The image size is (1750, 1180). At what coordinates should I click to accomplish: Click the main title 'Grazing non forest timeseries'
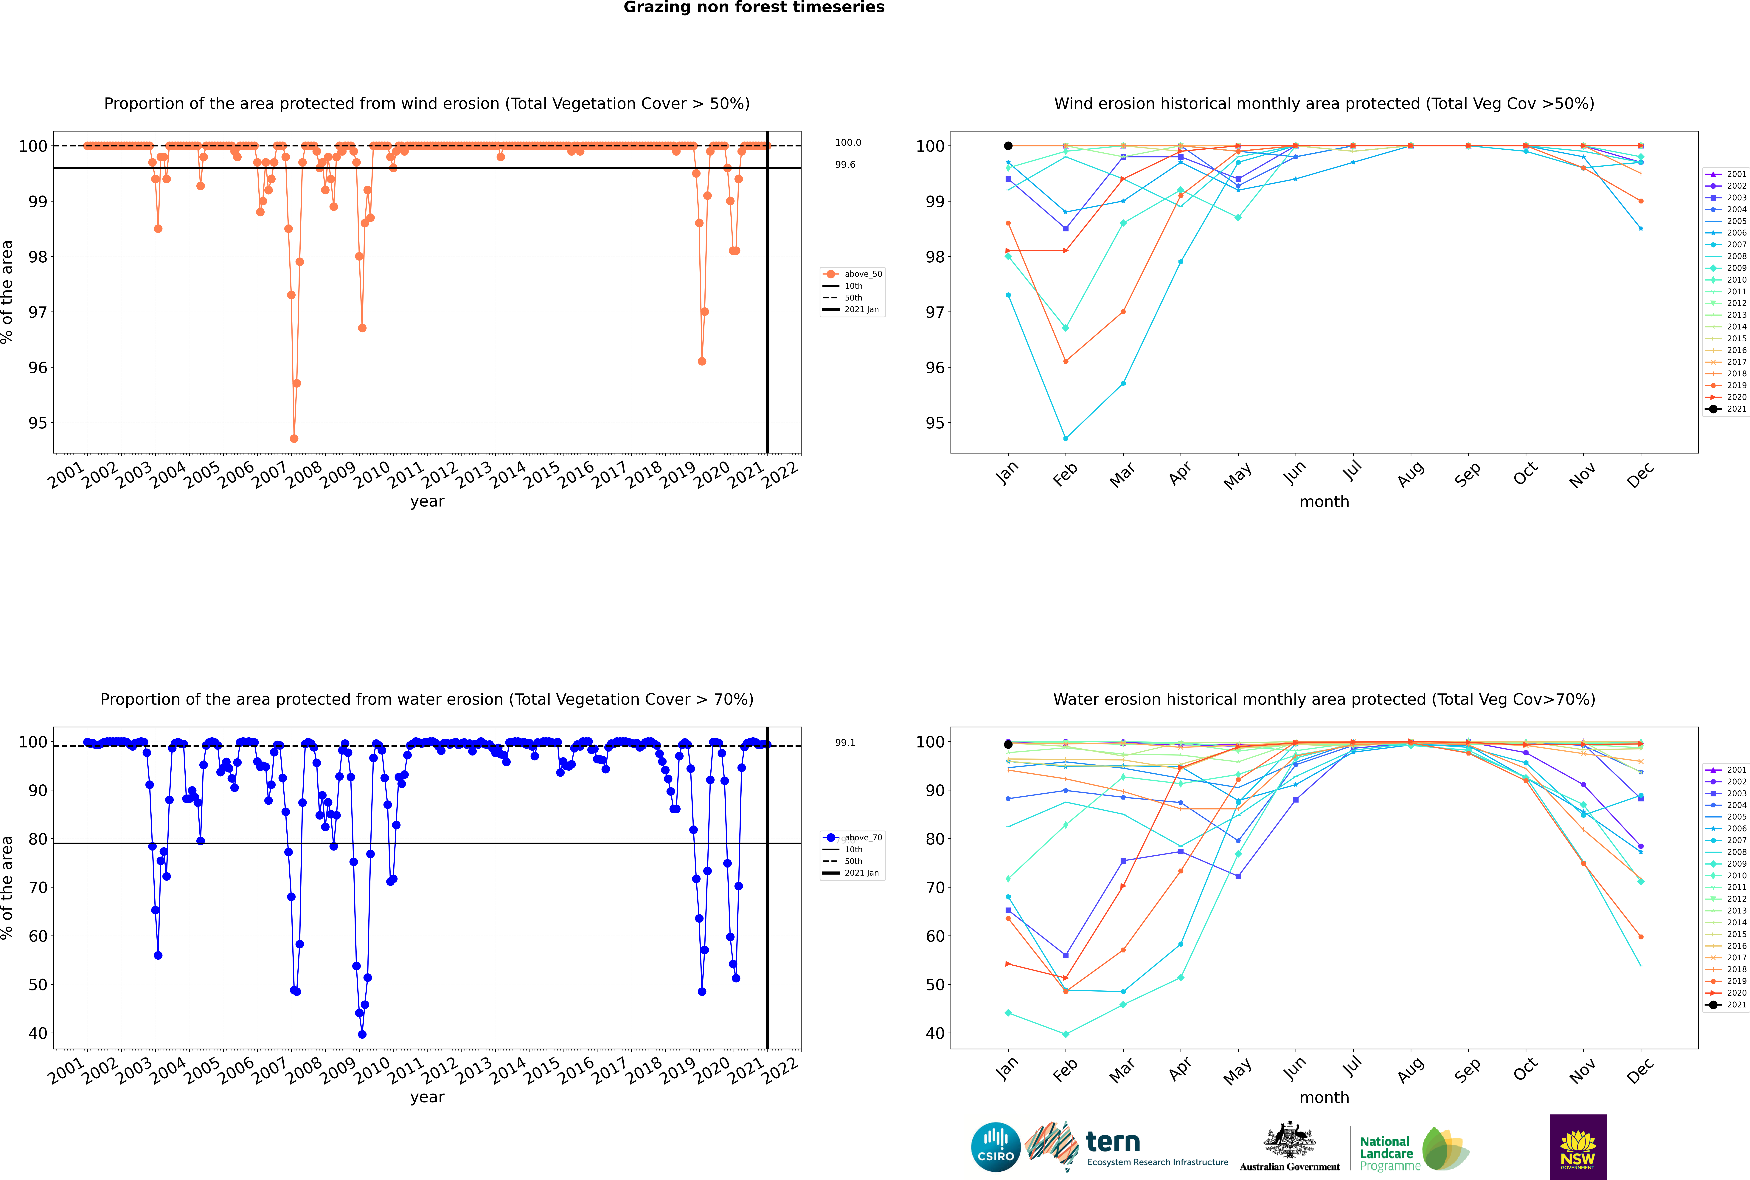[x=754, y=7]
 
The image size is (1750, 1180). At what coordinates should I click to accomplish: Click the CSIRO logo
[x=995, y=1147]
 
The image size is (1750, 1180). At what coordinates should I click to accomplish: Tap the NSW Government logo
[x=1578, y=1146]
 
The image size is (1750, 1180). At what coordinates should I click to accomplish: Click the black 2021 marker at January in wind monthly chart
[x=1008, y=146]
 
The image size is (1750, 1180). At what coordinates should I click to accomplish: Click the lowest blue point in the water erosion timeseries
[x=362, y=1034]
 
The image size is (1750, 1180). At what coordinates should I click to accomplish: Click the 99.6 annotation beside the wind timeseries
[x=845, y=165]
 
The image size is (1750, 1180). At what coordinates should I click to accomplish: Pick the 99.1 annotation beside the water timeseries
[x=845, y=743]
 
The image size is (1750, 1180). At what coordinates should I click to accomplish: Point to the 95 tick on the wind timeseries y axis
[x=37, y=423]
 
